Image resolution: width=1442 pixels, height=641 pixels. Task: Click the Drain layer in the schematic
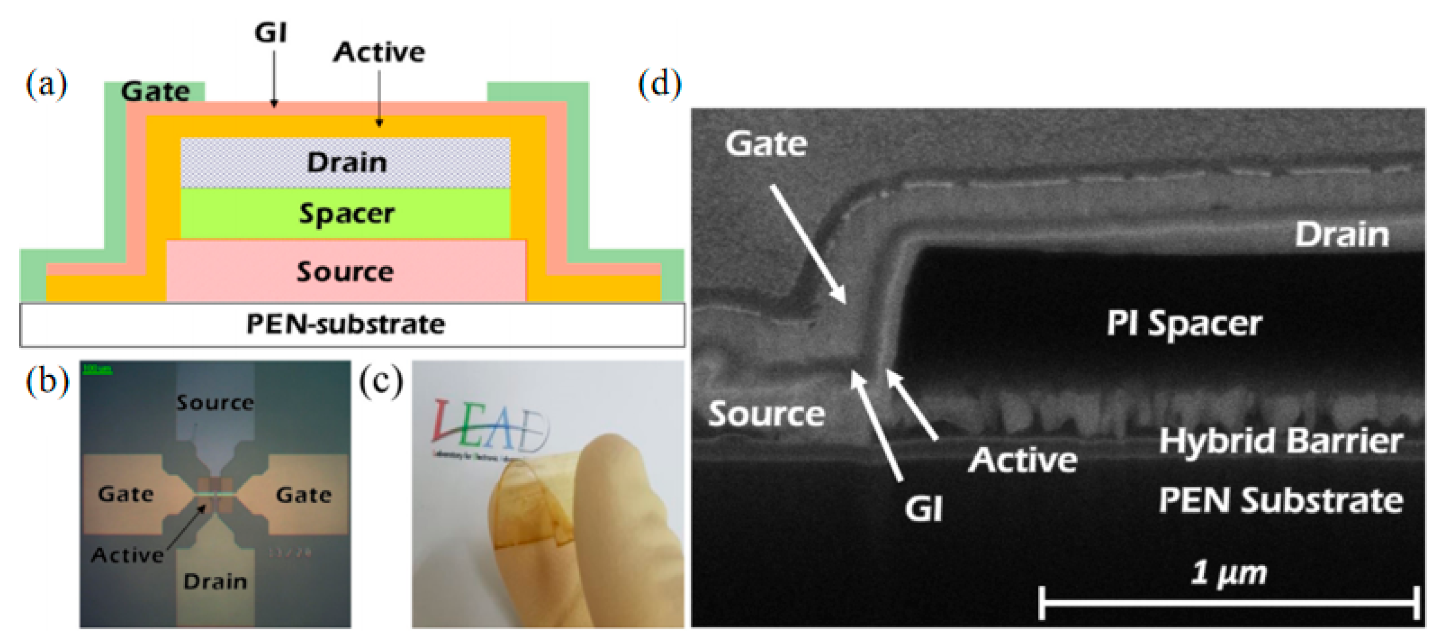(346, 163)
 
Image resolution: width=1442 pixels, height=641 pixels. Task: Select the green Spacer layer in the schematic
(346, 214)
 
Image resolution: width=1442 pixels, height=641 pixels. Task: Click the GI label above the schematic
(271, 33)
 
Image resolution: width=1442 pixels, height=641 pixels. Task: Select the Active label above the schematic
(379, 52)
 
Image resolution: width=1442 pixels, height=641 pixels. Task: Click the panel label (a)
(46, 86)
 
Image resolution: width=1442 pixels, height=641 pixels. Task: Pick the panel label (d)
(660, 86)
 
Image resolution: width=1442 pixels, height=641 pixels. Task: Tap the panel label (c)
(381, 383)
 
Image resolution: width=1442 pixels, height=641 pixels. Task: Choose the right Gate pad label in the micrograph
(303, 495)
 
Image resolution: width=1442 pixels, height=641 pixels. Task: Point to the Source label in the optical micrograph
(215, 403)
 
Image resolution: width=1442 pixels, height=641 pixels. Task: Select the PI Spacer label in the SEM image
(1184, 324)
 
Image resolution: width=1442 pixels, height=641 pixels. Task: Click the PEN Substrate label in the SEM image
(1281, 500)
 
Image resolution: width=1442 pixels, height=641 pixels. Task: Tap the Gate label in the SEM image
(766, 144)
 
